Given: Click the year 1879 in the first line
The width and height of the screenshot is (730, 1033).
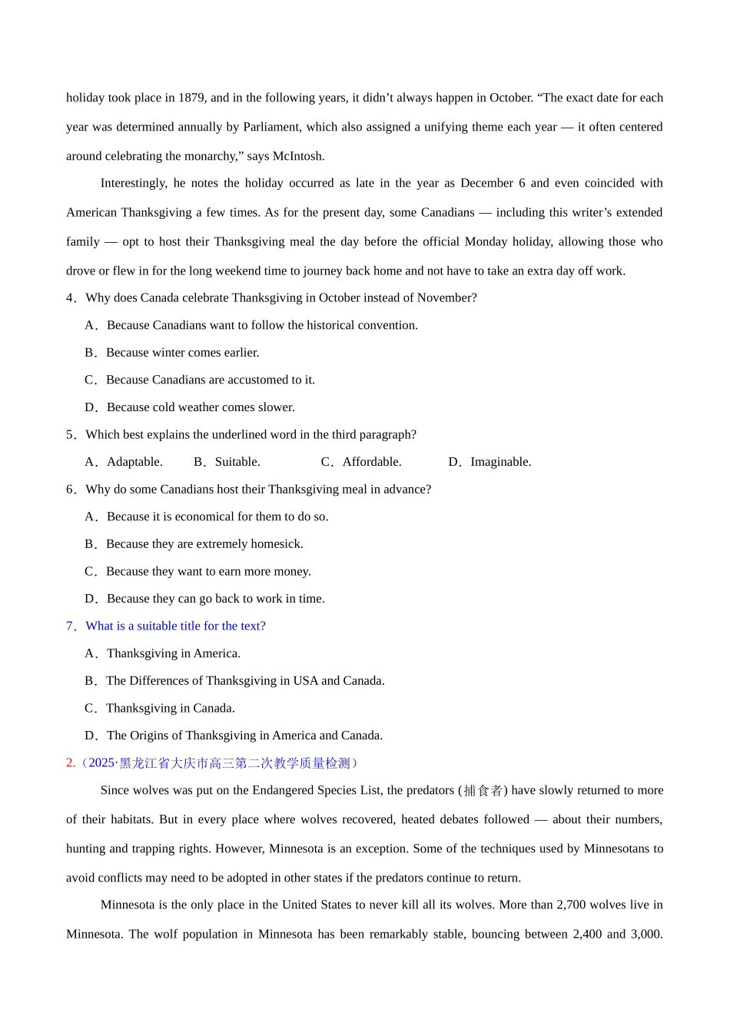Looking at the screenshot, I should [191, 98].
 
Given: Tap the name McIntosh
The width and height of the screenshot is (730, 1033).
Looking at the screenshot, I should [298, 156].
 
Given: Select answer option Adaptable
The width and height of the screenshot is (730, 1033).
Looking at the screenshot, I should [134, 462].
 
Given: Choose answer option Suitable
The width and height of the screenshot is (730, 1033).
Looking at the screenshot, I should [237, 462].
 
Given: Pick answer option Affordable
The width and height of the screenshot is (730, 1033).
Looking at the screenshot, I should [372, 462].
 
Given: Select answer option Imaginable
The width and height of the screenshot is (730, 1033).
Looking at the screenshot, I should [500, 462].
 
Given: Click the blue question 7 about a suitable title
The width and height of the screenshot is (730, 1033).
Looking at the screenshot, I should [175, 626].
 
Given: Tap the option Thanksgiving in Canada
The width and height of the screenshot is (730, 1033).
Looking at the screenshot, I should [170, 708].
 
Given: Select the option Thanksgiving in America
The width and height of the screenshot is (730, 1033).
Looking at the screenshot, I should [173, 653].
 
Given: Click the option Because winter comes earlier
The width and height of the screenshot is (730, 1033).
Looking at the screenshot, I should [182, 353].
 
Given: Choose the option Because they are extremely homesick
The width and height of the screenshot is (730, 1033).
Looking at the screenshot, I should [204, 544].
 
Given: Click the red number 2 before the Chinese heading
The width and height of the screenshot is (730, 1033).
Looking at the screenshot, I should [70, 763].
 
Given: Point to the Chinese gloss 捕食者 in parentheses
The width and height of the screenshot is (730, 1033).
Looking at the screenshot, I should [483, 790].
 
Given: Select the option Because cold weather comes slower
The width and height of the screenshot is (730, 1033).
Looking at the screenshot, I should [200, 407].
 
